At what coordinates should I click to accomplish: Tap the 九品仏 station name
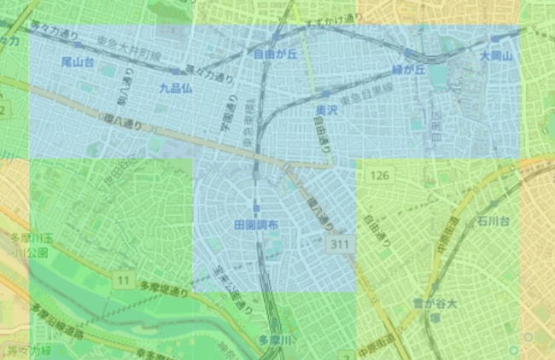(x=175, y=87)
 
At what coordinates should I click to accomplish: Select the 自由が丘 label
(x=274, y=55)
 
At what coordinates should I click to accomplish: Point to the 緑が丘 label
(x=409, y=70)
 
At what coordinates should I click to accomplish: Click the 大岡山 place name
(x=494, y=56)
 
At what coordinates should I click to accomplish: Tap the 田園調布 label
(x=255, y=224)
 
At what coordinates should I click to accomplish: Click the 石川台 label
(x=494, y=222)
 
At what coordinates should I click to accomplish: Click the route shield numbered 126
(x=380, y=176)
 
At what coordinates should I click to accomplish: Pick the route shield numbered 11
(x=125, y=279)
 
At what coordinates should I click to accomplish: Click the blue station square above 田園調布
(x=256, y=208)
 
